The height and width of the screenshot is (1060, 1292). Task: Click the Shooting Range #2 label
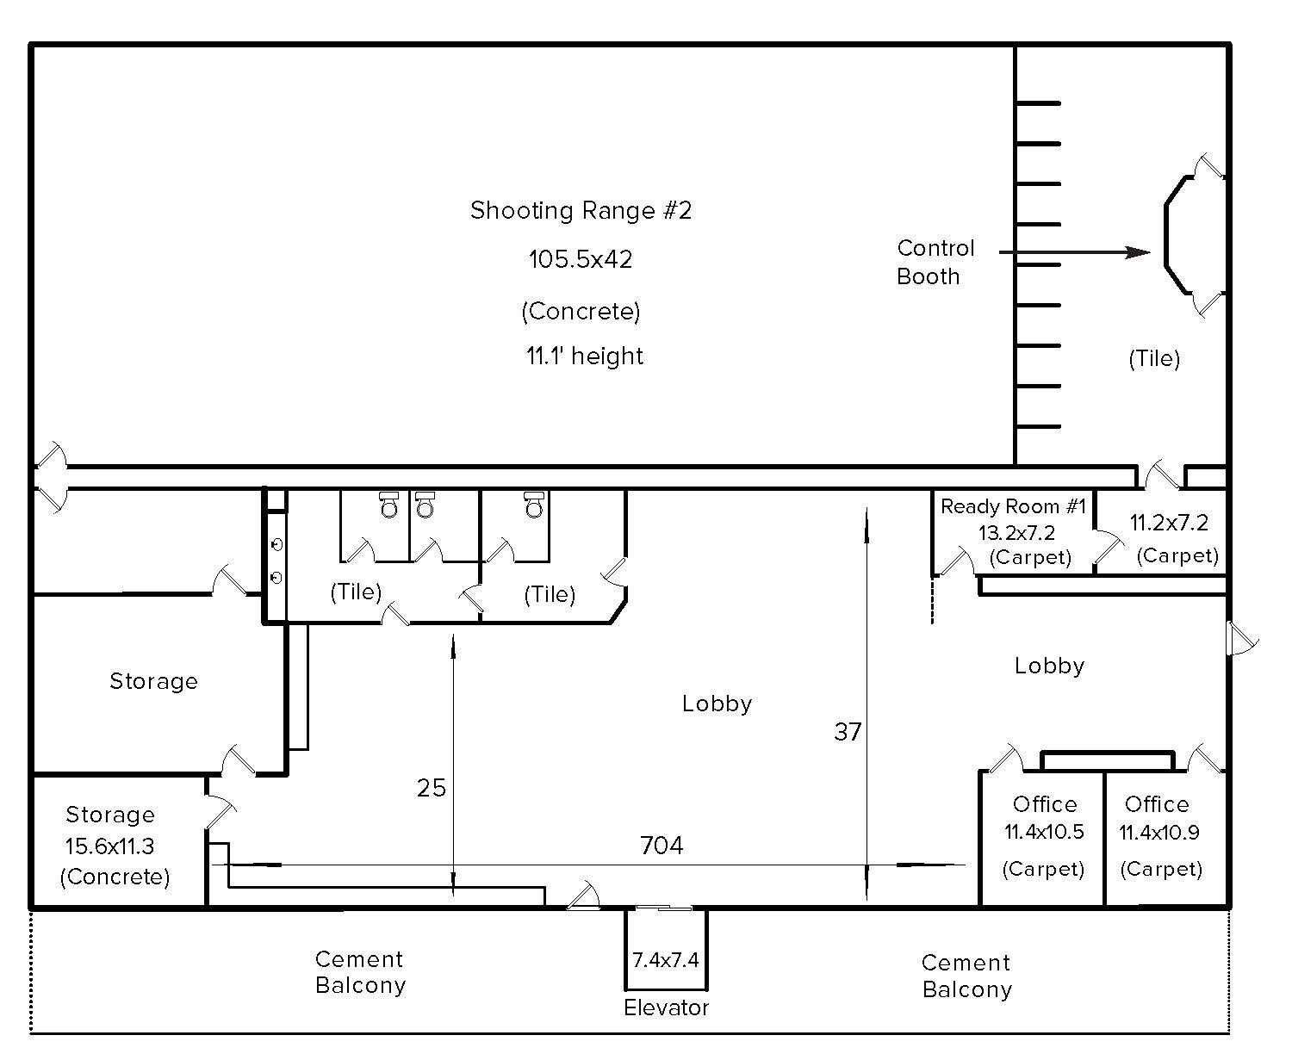coord(581,210)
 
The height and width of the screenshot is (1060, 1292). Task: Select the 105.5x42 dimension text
coord(581,259)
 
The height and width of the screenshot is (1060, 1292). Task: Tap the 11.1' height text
coord(585,356)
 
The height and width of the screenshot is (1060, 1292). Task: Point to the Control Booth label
coord(935,262)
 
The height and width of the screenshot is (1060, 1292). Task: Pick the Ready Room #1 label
coord(1014,506)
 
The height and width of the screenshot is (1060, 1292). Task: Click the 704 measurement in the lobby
coord(662,846)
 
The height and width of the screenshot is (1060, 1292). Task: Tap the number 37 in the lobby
coord(848,732)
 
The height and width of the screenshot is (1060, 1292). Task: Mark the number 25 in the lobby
coord(432,788)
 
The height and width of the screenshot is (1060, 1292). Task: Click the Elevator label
coord(666,1007)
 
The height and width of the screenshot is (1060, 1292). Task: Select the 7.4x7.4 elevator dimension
coord(666,959)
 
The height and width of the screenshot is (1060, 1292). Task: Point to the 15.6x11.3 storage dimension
coord(109,846)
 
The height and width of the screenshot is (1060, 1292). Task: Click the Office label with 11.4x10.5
coord(1044,804)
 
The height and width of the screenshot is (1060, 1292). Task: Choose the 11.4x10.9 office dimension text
coord(1159,833)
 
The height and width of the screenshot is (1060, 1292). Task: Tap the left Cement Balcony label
coord(360,972)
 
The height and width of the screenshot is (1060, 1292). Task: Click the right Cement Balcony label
coord(966,976)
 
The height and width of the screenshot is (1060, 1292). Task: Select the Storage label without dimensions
coord(153,681)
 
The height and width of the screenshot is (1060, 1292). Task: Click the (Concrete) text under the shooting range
coord(581,311)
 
